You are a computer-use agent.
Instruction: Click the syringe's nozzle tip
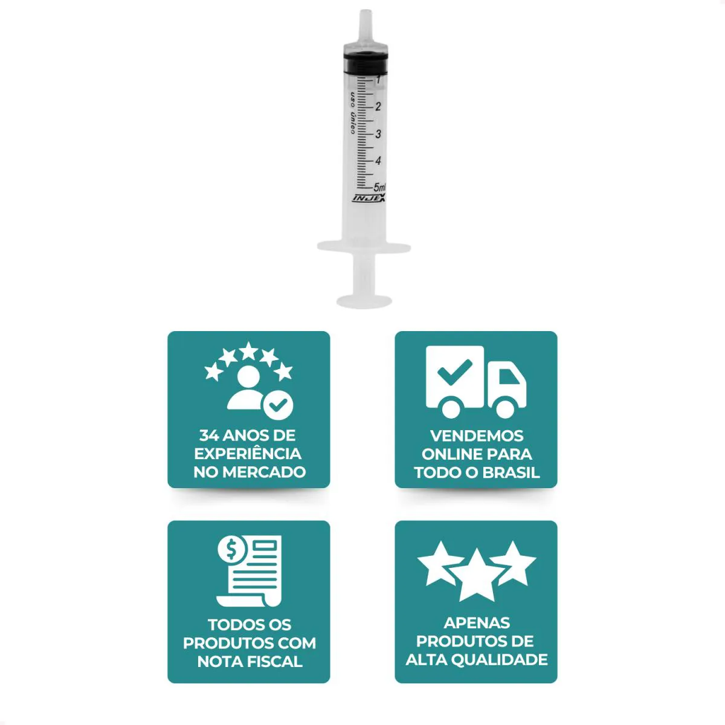[x=366, y=11]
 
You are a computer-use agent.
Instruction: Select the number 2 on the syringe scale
[x=378, y=106]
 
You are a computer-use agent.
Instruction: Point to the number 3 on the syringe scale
[x=378, y=134]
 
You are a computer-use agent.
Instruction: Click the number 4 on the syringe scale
[x=378, y=161]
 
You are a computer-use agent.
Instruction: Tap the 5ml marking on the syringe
[x=379, y=187]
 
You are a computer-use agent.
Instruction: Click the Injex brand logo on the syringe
[x=369, y=198]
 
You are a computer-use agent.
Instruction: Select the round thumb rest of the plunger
[x=364, y=301]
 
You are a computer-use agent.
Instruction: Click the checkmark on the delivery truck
[x=454, y=372]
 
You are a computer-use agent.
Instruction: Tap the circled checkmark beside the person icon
[x=278, y=405]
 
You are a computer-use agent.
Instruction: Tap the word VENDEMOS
[x=477, y=436]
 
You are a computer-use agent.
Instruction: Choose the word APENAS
[x=477, y=623]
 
